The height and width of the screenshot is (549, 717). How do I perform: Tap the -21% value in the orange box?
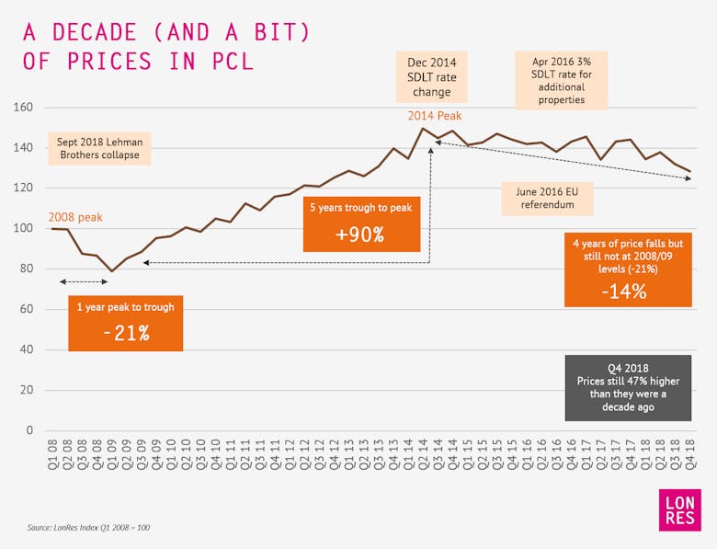coord(125,333)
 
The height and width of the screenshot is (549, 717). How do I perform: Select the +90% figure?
coord(359,234)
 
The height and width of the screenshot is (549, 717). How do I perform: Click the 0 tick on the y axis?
coord(29,430)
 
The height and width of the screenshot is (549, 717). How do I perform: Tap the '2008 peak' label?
coord(76,218)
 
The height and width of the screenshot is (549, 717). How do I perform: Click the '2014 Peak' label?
coord(435,117)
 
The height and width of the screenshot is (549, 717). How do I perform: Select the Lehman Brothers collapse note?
coord(99,150)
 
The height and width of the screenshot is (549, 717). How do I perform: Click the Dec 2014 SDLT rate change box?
coord(432,77)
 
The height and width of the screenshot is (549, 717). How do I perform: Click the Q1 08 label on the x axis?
coord(53,452)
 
